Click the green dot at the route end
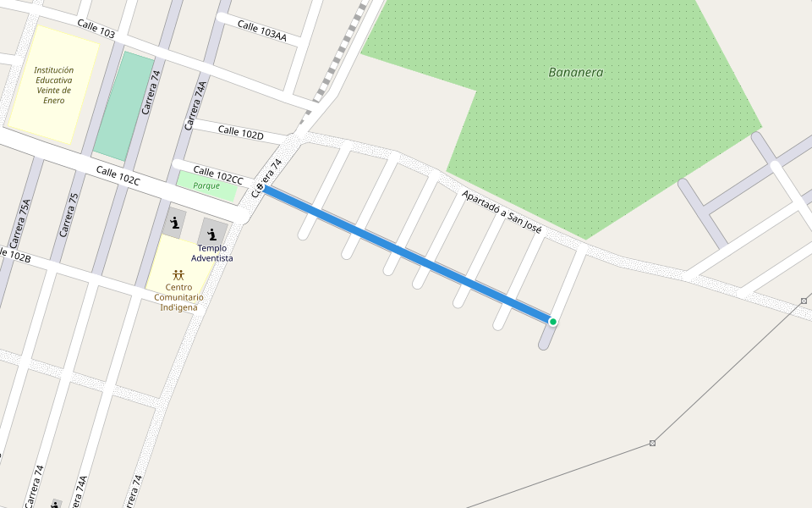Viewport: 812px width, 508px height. (552, 322)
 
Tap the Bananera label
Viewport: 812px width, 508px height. (576, 73)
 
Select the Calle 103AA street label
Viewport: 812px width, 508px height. (261, 30)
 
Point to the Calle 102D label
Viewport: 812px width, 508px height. (241, 133)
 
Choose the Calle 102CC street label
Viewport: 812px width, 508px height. (218, 174)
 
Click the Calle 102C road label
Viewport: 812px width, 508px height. (118, 176)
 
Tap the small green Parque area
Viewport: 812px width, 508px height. (206, 186)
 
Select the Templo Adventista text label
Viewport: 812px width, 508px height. (211, 252)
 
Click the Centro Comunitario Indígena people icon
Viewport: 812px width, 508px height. (178, 274)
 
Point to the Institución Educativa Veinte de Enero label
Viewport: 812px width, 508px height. (54, 86)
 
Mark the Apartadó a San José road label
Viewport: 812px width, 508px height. (501, 213)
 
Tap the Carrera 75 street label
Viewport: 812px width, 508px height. (69, 215)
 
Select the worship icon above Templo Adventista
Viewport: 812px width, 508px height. (211, 234)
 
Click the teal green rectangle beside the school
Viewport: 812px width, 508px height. (123, 106)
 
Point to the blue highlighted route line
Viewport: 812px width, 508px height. (406, 254)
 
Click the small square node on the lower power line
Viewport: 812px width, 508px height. (652, 443)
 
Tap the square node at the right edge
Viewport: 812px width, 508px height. (804, 301)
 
